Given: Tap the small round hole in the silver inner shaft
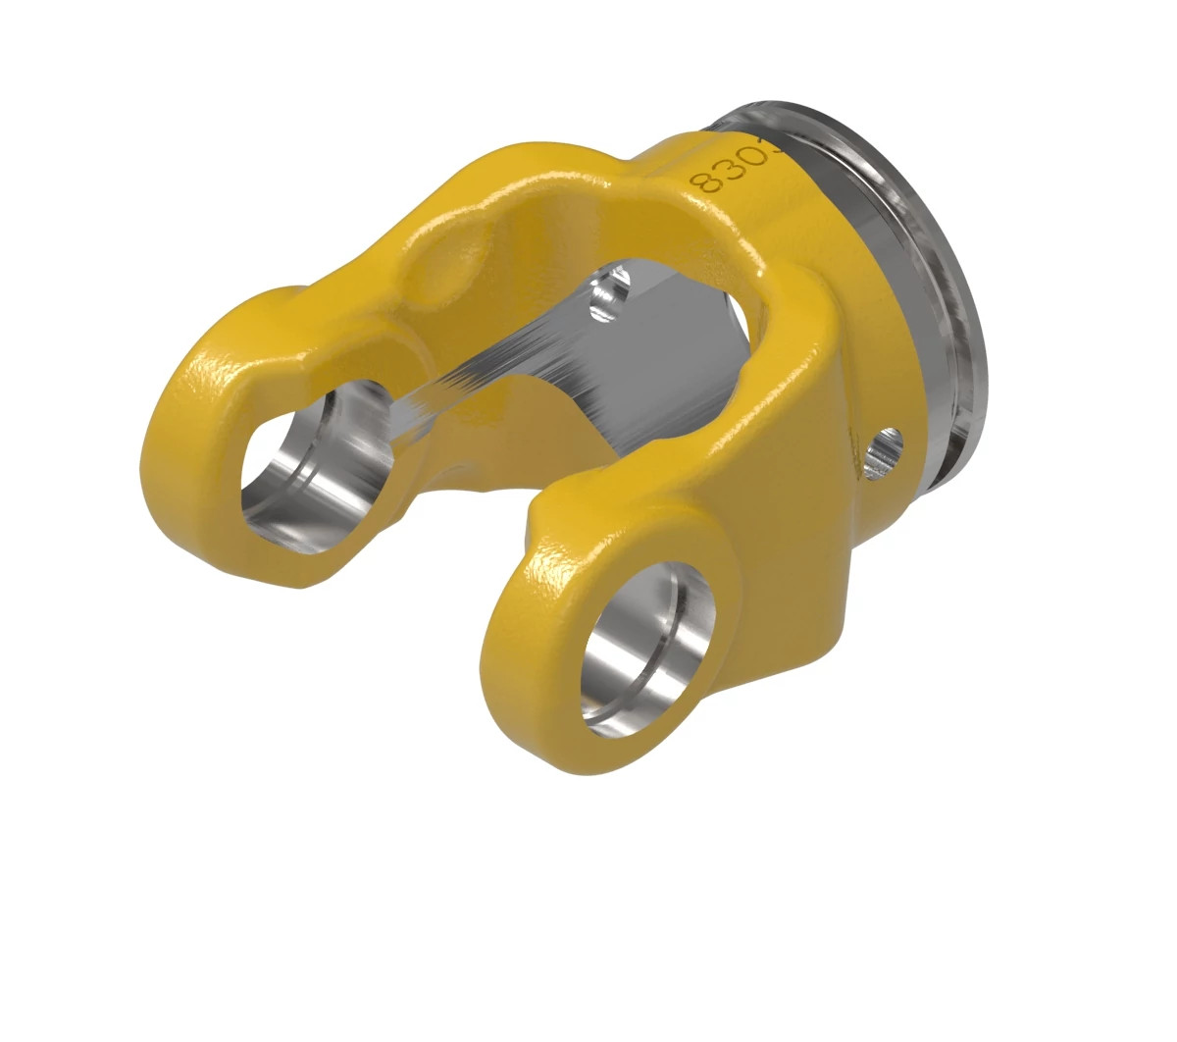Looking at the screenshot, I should pos(609,291).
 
